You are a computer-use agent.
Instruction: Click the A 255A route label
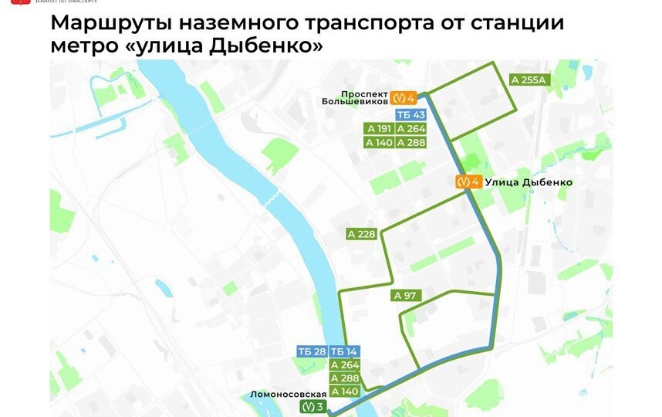[528, 79]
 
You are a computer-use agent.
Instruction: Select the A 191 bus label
[379, 129]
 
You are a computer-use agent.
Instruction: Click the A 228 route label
[360, 234]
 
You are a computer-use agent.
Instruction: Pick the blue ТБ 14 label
[344, 351]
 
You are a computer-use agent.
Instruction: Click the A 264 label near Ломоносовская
[344, 365]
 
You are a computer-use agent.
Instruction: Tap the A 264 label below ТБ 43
[410, 129]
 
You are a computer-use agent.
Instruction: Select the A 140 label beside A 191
[379, 143]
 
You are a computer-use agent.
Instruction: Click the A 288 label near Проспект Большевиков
[410, 143]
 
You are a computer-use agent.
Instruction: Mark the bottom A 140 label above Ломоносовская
[344, 392]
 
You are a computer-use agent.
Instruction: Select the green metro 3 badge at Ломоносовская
[314, 406]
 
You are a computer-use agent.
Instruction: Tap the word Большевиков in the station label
[356, 100]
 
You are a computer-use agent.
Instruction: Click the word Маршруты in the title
[108, 22]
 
